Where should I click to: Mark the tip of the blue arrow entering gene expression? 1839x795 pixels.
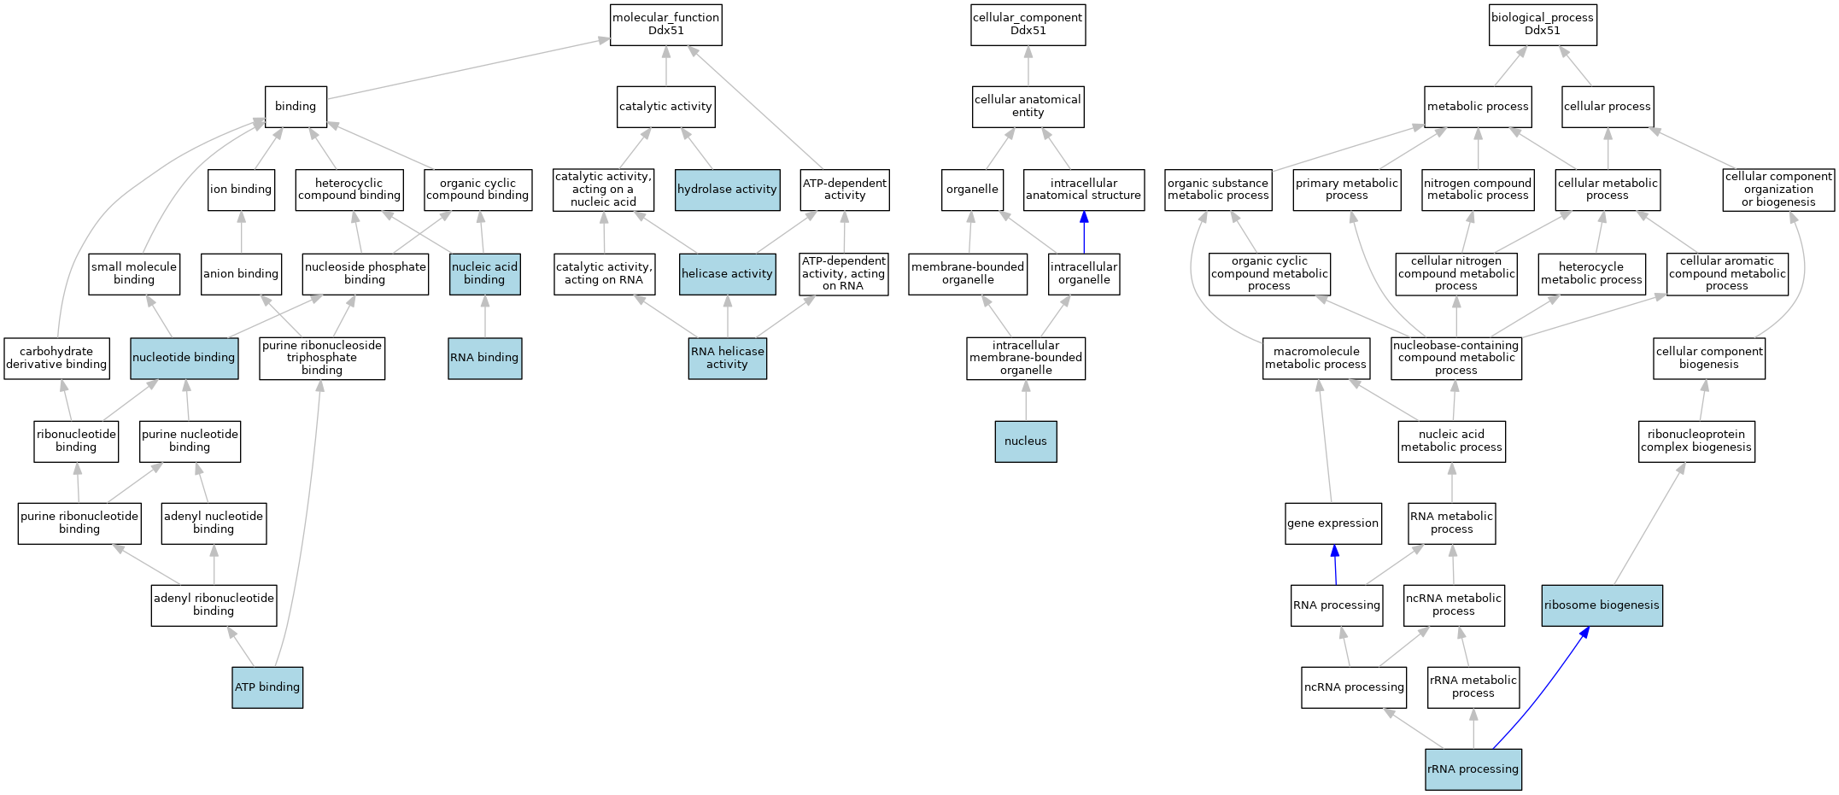(x=1334, y=545)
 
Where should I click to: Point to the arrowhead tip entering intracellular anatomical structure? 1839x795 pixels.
(x=1084, y=212)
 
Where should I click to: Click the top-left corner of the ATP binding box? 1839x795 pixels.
(x=232, y=668)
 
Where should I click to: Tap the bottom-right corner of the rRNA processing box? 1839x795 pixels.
(x=1521, y=791)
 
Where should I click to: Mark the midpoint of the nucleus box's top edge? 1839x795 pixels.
(x=1026, y=421)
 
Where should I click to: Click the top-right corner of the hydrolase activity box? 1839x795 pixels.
(x=780, y=169)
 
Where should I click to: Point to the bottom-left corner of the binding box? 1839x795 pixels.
(x=265, y=127)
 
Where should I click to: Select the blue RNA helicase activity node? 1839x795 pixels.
(x=728, y=358)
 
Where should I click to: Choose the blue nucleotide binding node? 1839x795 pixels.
(x=184, y=358)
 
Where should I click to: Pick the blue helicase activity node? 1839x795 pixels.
(x=728, y=274)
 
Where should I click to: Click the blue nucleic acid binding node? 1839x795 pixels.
(x=485, y=274)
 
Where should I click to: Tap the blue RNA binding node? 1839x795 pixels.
(x=485, y=358)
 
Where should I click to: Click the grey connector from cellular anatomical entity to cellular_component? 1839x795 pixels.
(x=1028, y=66)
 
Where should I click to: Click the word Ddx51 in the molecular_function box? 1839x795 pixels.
(x=666, y=31)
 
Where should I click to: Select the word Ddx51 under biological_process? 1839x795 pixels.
(x=1543, y=31)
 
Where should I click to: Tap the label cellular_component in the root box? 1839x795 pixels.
(x=1028, y=18)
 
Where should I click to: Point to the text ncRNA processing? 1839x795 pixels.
(x=1354, y=687)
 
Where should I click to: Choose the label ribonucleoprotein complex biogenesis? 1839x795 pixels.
(x=1696, y=441)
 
